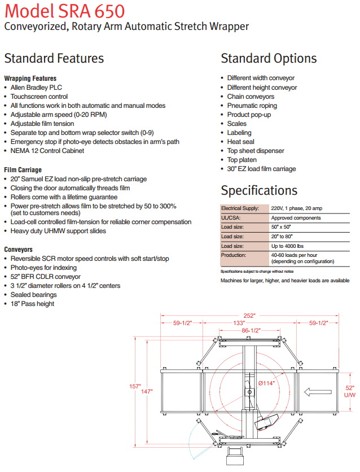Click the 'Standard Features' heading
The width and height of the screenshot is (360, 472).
coord(54,58)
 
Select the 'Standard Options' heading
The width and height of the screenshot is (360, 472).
coord(269,58)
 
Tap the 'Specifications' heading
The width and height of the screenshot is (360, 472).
coord(259,190)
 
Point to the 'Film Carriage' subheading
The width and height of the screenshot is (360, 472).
coord(23,169)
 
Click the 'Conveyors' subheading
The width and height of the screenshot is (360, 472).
coord(18,249)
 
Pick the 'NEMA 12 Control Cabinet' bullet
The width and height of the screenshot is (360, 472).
coord(47,151)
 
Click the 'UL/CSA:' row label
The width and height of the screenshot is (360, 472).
coord(231,217)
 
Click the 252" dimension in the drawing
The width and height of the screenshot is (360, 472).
coord(249,315)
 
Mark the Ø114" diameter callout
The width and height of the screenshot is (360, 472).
coord(267,383)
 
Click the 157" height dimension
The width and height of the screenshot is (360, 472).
coord(135,386)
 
